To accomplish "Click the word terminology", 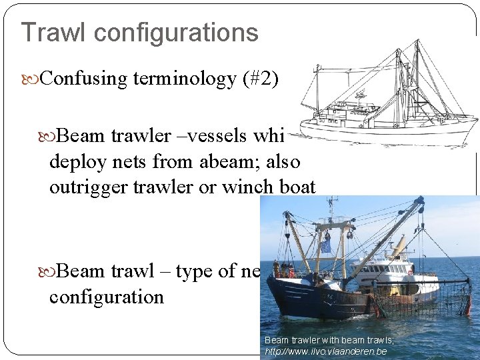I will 185,79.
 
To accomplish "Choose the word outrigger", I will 83,188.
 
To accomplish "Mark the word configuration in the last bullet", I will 107,297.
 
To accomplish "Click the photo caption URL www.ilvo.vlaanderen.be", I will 326,351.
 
